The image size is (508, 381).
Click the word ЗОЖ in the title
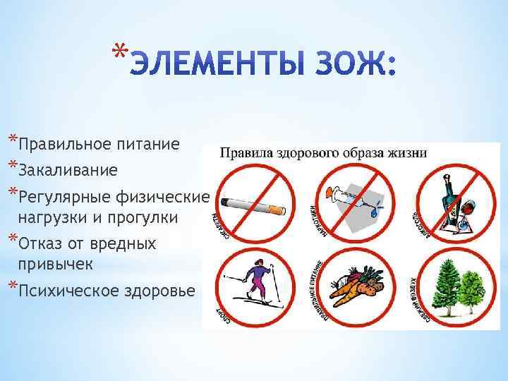click(x=350, y=68)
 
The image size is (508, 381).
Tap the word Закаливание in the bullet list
click(x=68, y=170)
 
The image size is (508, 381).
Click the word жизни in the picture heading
click(x=406, y=152)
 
